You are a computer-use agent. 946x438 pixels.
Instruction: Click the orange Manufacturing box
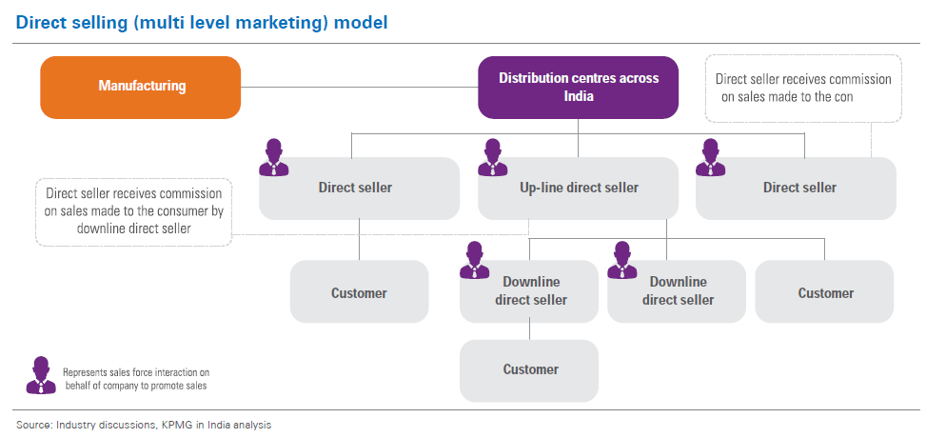pos(140,87)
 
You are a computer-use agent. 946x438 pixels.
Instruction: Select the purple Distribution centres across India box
pos(578,87)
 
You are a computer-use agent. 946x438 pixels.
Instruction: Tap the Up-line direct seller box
pos(578,188)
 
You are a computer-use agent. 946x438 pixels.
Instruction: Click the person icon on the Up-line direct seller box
pos(493,157)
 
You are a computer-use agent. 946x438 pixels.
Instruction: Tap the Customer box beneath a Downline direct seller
pos(529,369)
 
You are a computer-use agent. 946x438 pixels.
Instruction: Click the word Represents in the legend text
pos(88,372)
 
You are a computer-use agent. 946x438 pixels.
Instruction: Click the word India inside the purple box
pos(578,96)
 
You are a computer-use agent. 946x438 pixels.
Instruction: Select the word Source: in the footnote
pos(33,425)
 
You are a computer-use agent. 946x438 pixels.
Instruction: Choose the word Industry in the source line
pos(75,425)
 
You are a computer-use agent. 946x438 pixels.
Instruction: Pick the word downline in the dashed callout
pos(76,229)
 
